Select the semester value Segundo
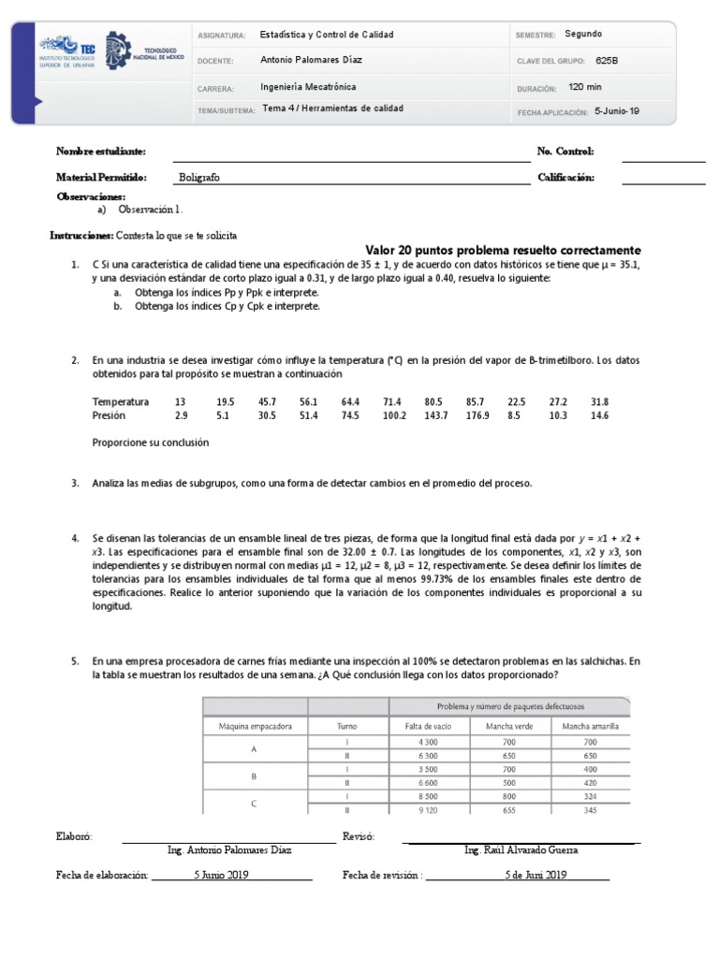click(x=584, y=35)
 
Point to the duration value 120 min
click(x=586, y=87)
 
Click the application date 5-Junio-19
click(x=617, y=110)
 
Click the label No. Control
click(x=565, y=151)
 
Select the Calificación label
click(x=565, y=177)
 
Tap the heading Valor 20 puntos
click(x=503, y=251)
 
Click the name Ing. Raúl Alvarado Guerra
click(x=521, y=849)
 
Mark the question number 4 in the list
click(x=74, y=540)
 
